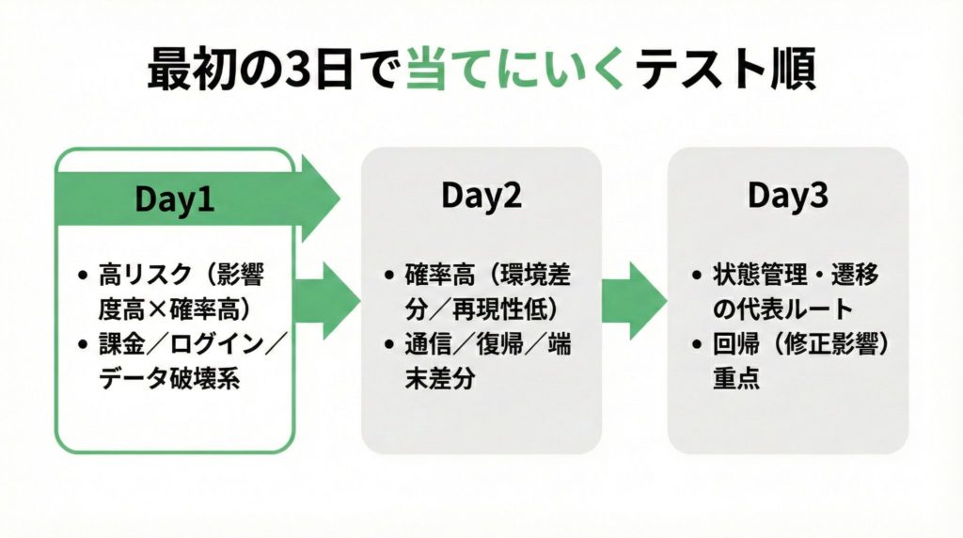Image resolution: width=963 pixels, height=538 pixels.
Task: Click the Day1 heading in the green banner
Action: pos(175,199)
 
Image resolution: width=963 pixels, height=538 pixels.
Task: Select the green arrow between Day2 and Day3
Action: pos(634,300)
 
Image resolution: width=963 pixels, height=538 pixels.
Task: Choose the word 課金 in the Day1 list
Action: pos(118,344)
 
